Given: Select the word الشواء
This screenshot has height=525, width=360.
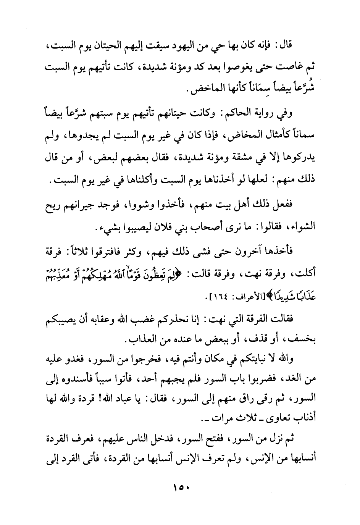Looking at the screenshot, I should [x=302, y=229].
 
